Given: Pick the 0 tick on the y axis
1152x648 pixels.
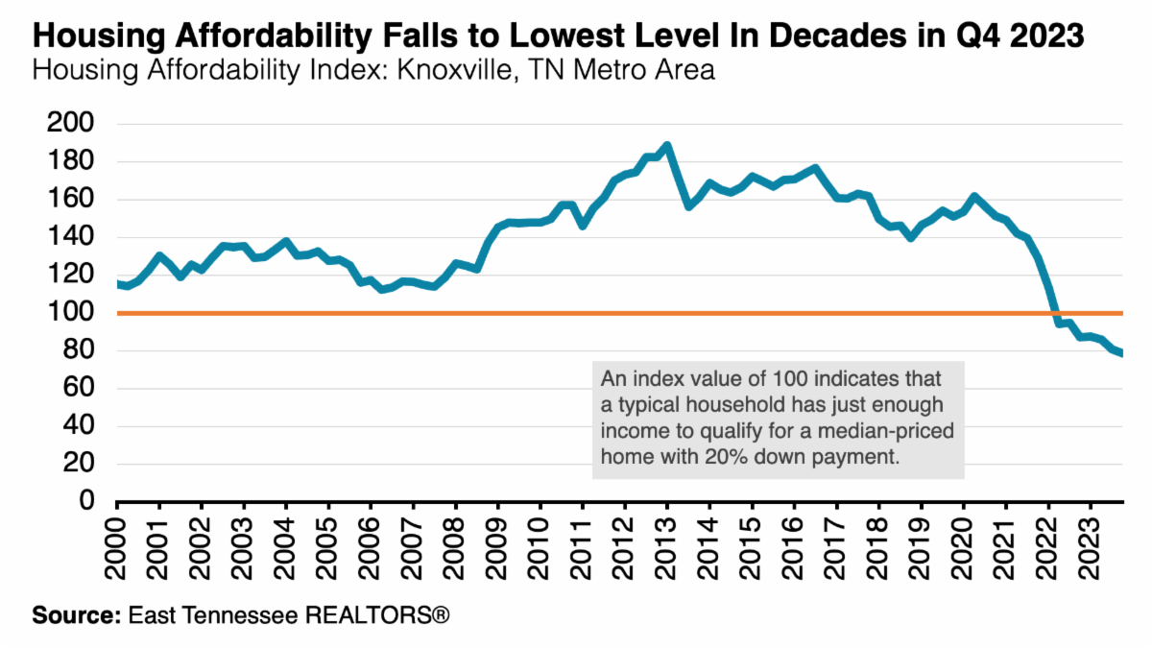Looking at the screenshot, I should point(86,502).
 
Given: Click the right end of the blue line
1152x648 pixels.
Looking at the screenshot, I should point(1122,354).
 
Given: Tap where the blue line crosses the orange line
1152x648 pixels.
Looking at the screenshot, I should point(1054,313).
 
